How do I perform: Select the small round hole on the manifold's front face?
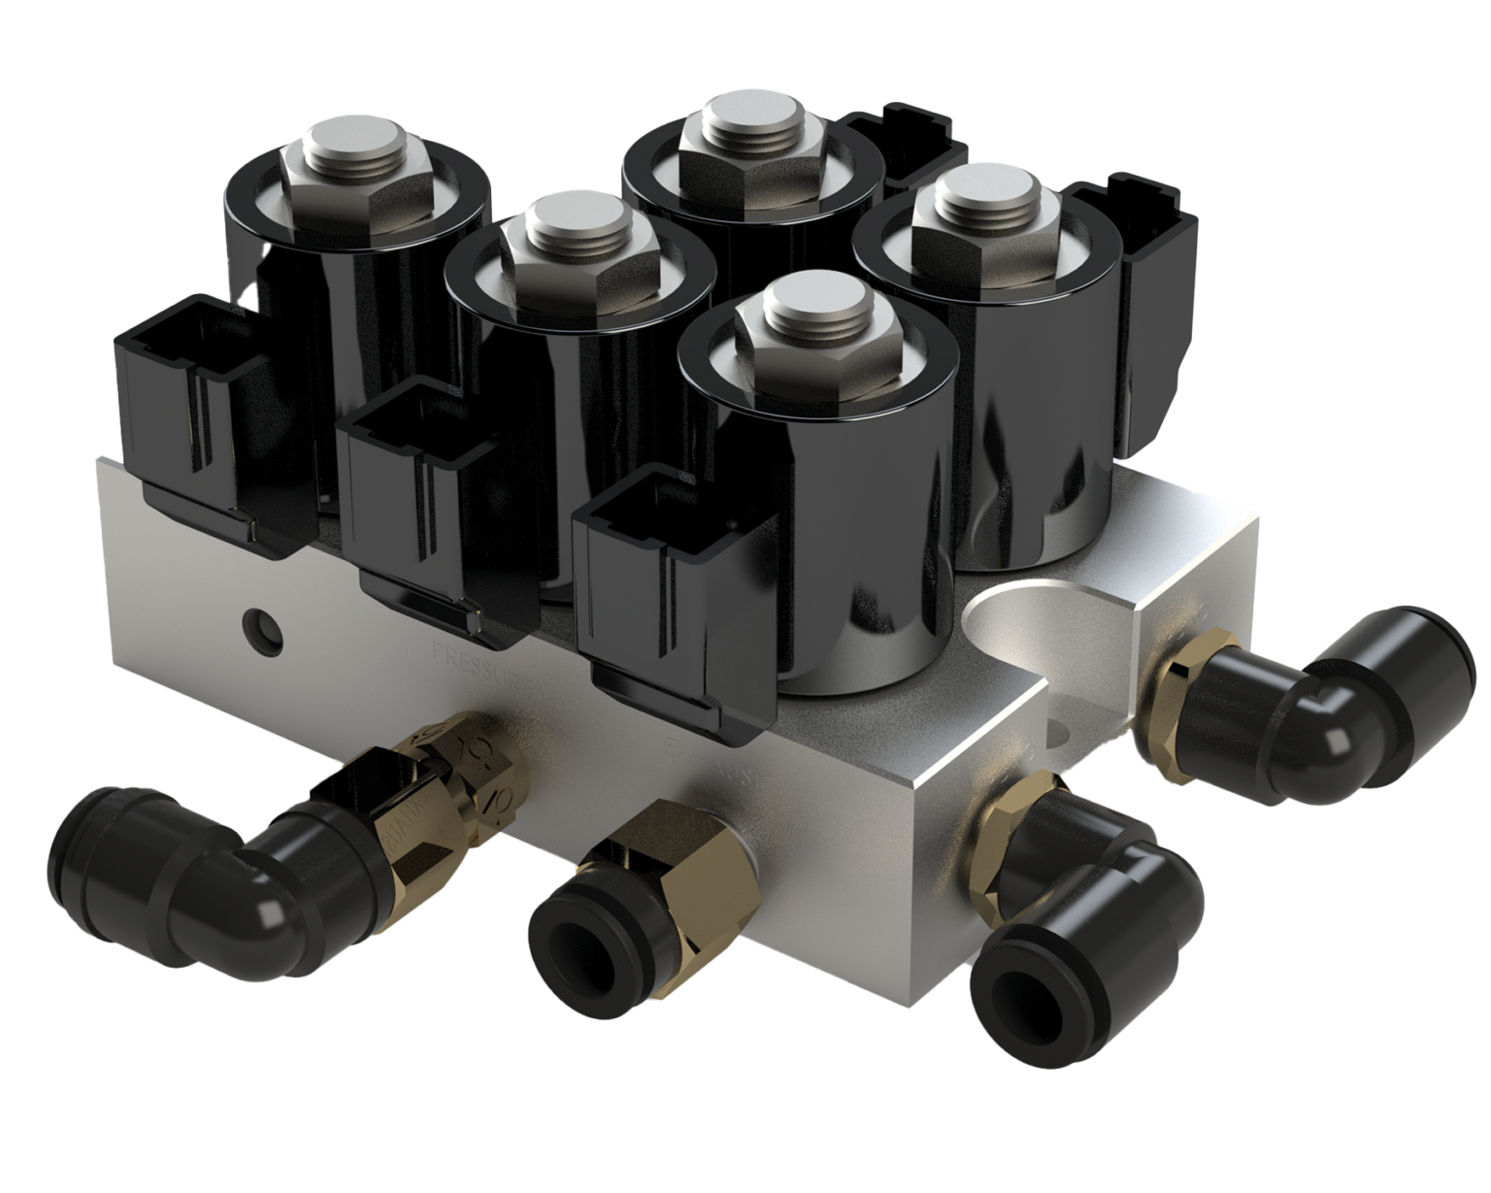coord(263,627)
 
